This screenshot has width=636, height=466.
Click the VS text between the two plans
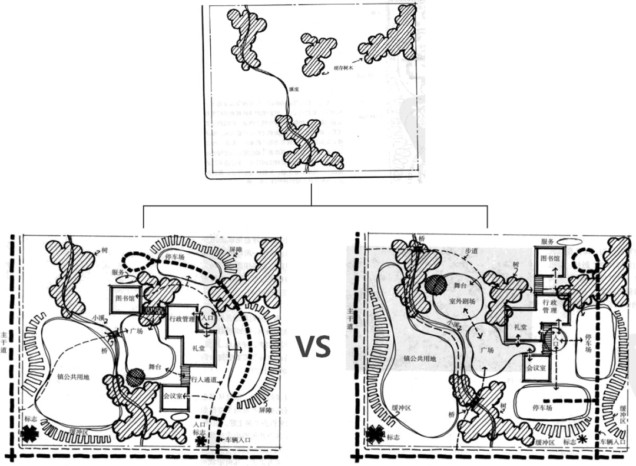point(313,347)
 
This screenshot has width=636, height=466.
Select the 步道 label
point(471,251)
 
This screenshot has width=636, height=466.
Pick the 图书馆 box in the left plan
point(125,298)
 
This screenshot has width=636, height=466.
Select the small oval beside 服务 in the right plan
point(569,241)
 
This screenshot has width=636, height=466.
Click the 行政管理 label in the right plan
point(549,306)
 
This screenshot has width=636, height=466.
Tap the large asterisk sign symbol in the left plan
point(28,434)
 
